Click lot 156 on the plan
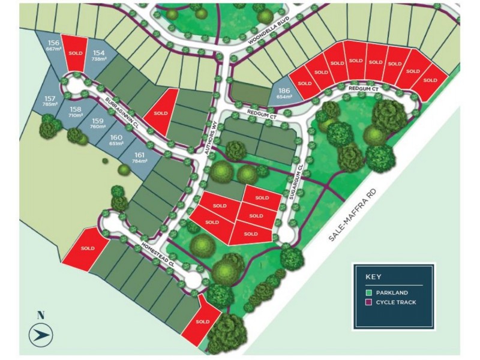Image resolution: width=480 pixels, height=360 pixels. pyautogui.click(x=54, y=46)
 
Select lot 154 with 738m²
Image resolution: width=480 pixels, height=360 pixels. pyautogui.click(x=99, y=55)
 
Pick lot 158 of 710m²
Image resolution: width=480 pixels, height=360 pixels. pyautogui.click(x=76, y=112)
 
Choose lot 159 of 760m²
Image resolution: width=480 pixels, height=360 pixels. pyautogui.click(x=98, y=123)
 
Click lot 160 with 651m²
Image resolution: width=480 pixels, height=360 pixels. pyautogui.click(x=116, y=140)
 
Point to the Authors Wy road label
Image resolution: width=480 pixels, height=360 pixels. pyautogui.click(x=212, y=140)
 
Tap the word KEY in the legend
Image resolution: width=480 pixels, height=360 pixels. pyautogui.click(x=374, y=277)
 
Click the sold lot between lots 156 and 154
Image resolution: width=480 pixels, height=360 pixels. pyautogui.click(x=75, y=50)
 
